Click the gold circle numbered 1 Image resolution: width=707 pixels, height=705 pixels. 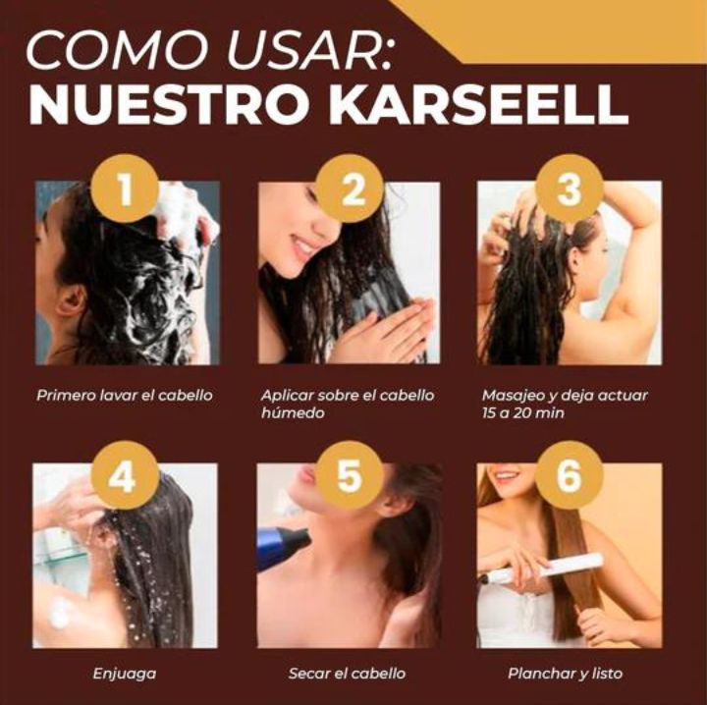pyautogui.click(x=125, y=189)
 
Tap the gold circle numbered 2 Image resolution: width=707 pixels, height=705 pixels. pyautogui.click(x=350, y=189)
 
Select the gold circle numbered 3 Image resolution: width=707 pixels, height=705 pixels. pyautogui.click(x=569, y=189)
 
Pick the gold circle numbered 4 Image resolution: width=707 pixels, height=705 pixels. pyautogui.click(x=125, y=475)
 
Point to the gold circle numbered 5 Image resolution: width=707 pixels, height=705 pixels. pyautogui.click(x=350, y=475)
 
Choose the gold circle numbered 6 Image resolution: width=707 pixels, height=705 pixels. pyautogui.click(x=569, y=475)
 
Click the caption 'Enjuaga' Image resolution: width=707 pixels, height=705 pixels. pyautogui.click(x=125, y=674)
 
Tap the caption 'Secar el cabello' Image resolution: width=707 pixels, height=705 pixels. pyautogui.click(x=347, y=674)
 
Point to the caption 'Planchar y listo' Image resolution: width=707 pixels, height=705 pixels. pyautogui.click(x=565, y=674)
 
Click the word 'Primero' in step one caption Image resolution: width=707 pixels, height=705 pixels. pyautogui.click(x=66, y=396)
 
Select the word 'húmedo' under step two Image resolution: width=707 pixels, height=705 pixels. pyautogui.click(x=293, y=413)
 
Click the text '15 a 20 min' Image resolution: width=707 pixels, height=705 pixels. pyautogui.click(x=523, y=413)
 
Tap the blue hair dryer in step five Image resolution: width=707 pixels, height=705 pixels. pyautogui.click(x=282, y=545)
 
